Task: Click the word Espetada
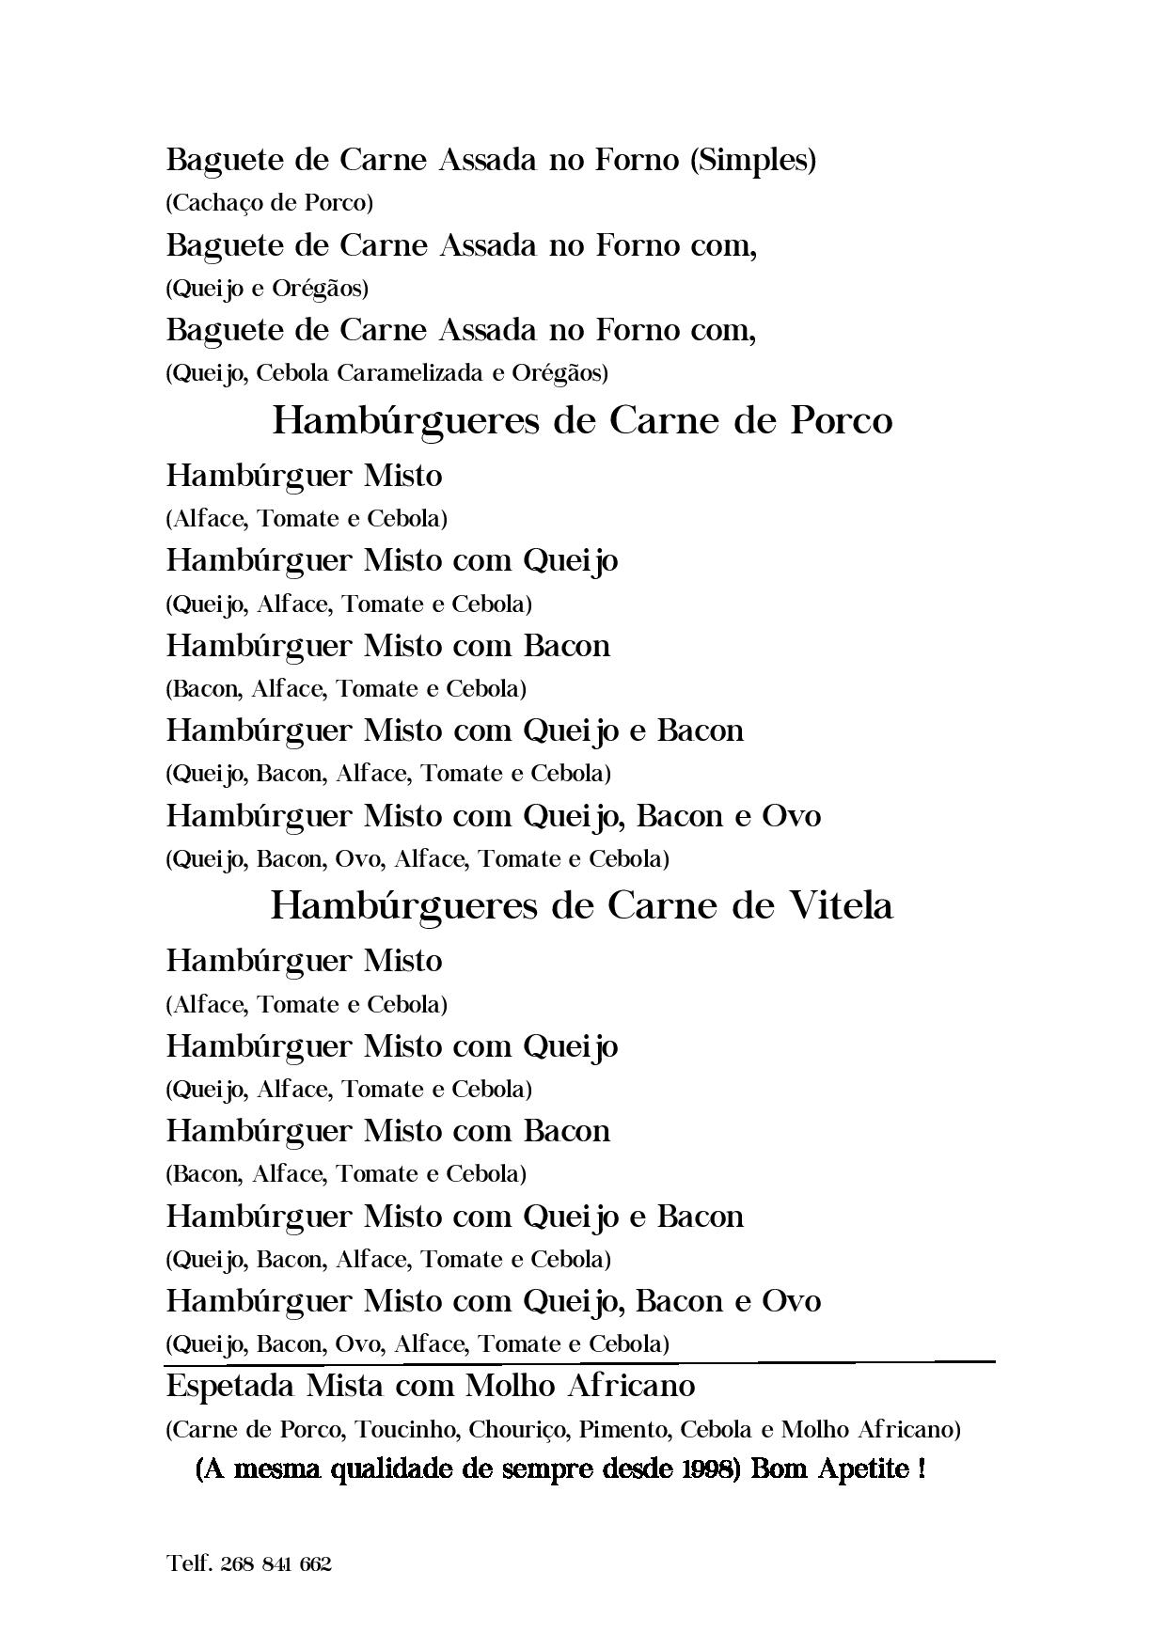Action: coord(227,1386)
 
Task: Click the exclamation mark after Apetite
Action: coord(920,1469)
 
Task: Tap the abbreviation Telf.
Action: coord(189,1564)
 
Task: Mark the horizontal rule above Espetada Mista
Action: coord(578,1361)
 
